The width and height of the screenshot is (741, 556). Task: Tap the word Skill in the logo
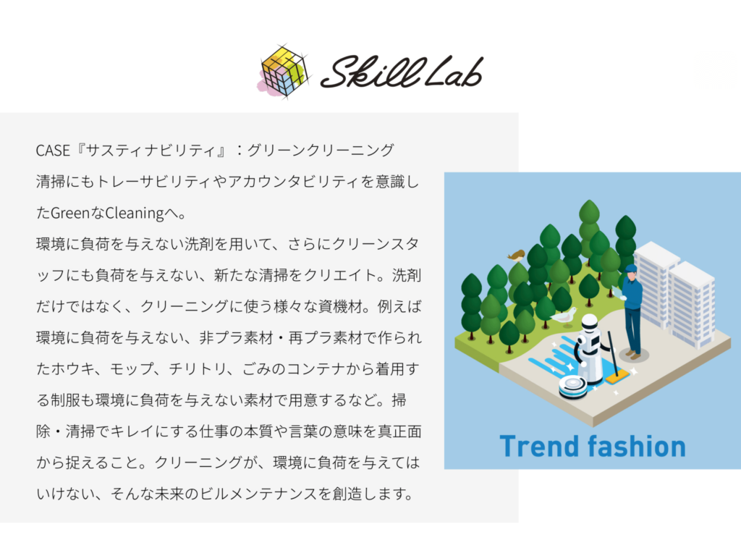pyautogui.click(x=373, y=72)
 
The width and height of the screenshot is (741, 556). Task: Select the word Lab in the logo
pyautogui.click(x=454, y=72)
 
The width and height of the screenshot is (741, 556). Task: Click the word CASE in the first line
pyautogui.click(x=53, y=151)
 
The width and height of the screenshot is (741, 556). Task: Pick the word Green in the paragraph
pyautogui.click(x=70, y=214)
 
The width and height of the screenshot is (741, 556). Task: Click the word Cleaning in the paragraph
pyautogui.click(x=134, y=214)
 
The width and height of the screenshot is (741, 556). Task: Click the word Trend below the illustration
pyautogui.click(x=539, y=446)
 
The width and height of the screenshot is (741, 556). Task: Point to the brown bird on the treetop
pyautogui.click(x=517, y=256)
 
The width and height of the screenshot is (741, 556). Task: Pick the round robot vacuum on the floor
pyautogui.click(x=573, y=387)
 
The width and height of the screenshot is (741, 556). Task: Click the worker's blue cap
pyautogui.click(x=631, y=269)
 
